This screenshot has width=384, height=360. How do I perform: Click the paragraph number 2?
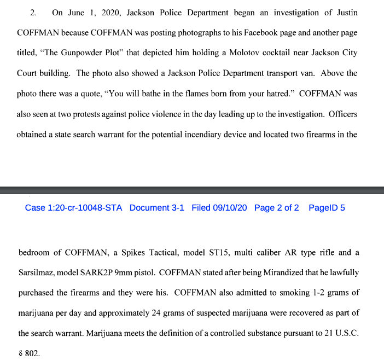(x=33, y=12)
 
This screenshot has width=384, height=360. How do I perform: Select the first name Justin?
(x=345, y=12)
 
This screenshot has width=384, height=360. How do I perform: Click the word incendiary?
(x=243, y=134)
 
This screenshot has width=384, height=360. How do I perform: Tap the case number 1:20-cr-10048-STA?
(x=74, y=208)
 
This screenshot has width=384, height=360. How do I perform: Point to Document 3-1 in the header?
(x=157, y=208)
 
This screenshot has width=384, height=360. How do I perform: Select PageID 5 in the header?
(x=327, y=208)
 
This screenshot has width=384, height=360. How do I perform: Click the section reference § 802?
(x=30, y=353)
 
